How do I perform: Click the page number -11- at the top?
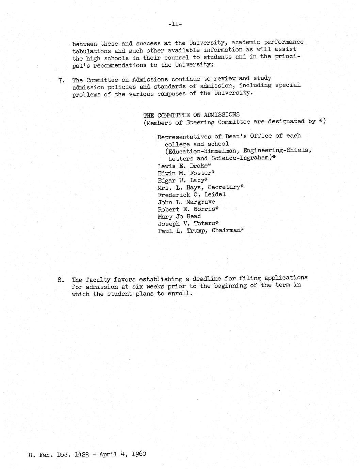[x=175, y=24]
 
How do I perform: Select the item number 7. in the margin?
[x=61, y=81]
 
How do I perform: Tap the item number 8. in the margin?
[x=61, y=280]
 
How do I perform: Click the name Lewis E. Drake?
[x=182, y=166]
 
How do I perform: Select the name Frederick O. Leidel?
[x=192, y=194]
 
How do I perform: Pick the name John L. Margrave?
[x=186, y=202]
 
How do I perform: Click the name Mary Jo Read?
[x=179, y=216]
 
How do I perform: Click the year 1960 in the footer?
[x=139, y=454]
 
